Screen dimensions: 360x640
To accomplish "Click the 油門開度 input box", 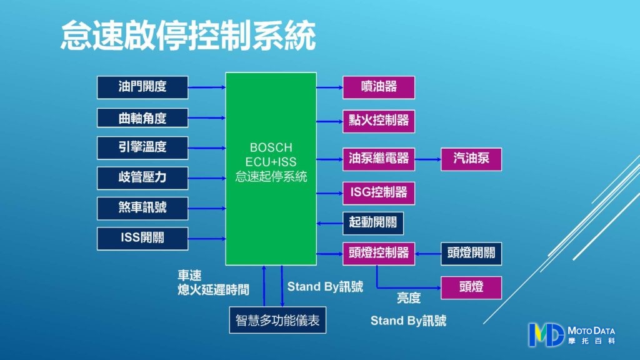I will tap(142, 87).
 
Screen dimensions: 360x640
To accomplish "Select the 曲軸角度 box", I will tap(142, 117).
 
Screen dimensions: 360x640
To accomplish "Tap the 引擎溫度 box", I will tap(142, 148).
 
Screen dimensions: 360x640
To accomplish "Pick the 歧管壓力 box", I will tap(142, 177).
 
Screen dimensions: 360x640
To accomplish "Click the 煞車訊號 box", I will tap(142, 207).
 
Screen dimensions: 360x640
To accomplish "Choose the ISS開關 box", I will tap(142, 238).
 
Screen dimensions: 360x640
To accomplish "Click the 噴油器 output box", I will tap(379, 87).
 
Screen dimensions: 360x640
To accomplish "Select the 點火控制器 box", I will tap(379, 121).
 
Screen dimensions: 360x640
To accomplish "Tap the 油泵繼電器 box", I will tap(379, 159).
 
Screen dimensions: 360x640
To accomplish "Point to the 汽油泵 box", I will tap(471, 159).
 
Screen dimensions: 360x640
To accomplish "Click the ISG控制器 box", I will tap(379, 192).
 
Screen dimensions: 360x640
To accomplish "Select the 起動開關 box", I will tap(373, 223).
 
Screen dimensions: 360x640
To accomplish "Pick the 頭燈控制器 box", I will tap(379, 253).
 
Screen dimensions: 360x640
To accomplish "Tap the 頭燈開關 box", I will tap(471, 253).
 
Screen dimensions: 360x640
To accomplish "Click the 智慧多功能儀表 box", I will tap(277, 321).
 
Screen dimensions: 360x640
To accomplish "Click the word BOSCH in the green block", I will tap(271, 148).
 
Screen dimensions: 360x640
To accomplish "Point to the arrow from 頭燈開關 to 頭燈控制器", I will tap(428, 253).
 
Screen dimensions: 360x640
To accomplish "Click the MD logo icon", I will tap(546, 334).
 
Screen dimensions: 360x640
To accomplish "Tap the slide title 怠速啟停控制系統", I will tap(188, 37).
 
